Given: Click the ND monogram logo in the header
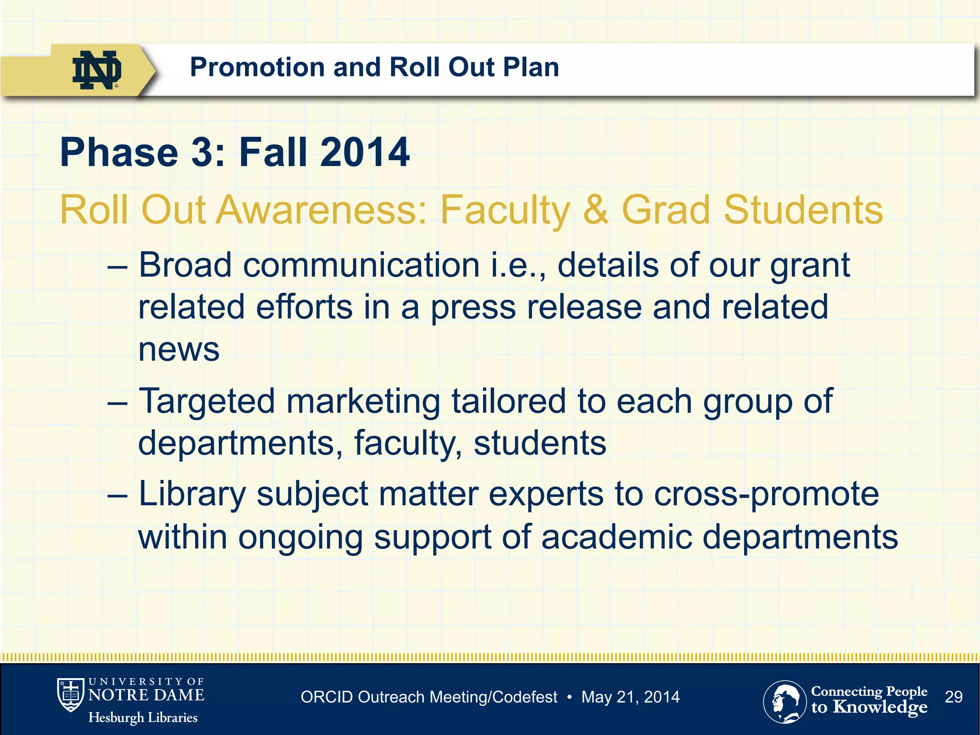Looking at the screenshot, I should pyautogui.click(x=97, y=70).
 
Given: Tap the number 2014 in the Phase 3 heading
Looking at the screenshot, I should pyautogui.click(x=365, y=153).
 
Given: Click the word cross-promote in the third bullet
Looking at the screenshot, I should pyautogui.click(x=766, y=494).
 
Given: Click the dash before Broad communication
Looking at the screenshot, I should pyautogui.click(x=118, y=266).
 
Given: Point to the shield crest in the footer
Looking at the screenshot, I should pyautogui.click(x=71, y=695).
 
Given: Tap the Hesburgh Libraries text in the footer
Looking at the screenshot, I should pyautogui.click(x=143, y=718).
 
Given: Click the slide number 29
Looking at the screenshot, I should pyautogui.click(x=954, y=697).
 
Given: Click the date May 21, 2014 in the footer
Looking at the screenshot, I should pyautogui.click(x=630, y=697).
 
